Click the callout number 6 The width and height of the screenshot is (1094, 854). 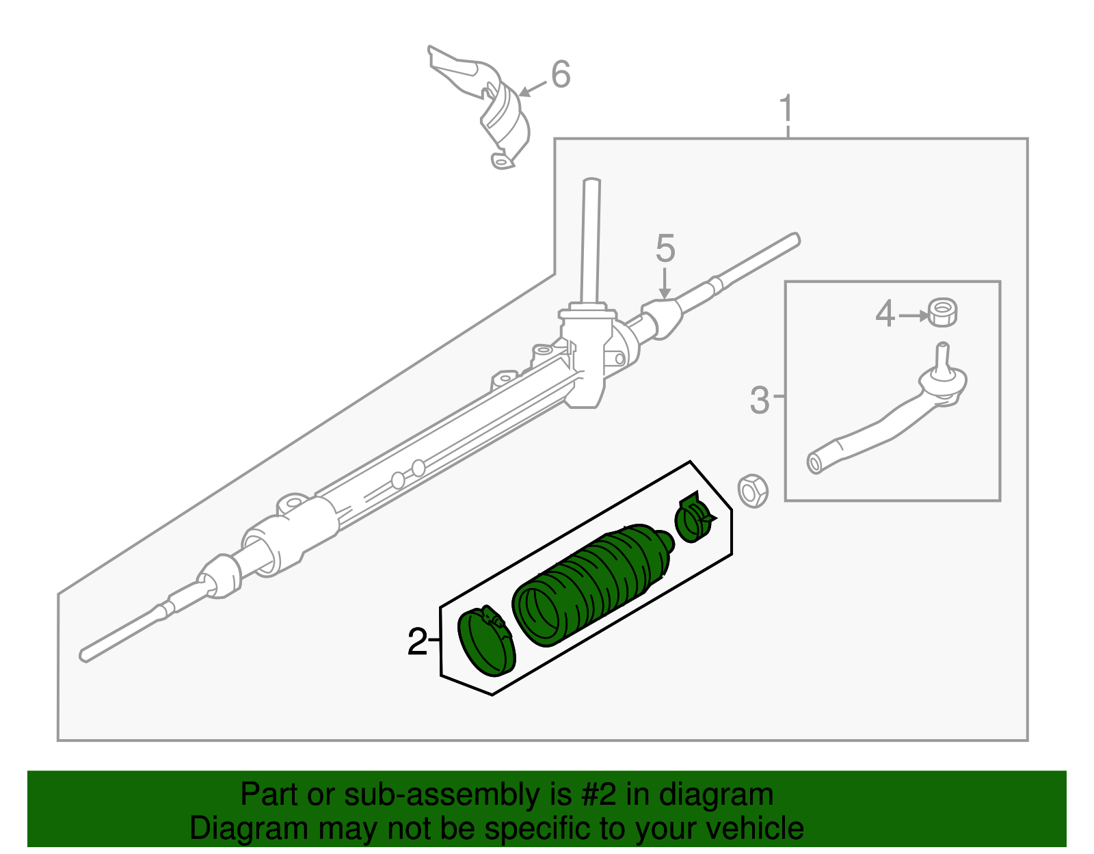coord(561,75)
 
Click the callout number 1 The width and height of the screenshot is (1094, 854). coord(786,109)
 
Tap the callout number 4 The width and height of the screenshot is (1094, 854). coord(885,315)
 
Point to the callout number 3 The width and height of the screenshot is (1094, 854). coord(759,401)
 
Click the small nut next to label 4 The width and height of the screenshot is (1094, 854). coord(942,313)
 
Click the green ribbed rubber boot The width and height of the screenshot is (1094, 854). coord(595,581)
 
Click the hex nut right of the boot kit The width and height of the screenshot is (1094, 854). coord(753,490)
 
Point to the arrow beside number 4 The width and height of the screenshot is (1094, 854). coord(913,316)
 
